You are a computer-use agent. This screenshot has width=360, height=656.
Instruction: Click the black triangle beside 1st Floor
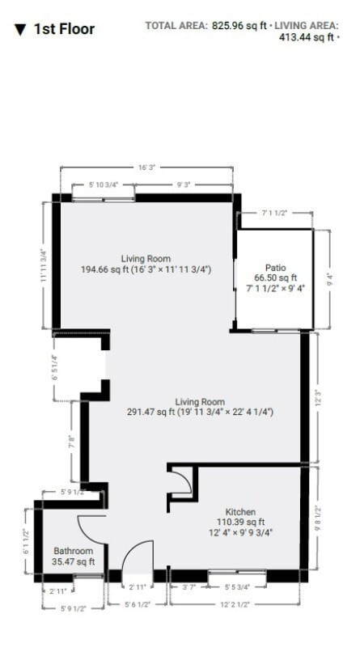[x=19, y=30]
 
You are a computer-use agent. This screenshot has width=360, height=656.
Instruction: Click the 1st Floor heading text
[x=64, y=29]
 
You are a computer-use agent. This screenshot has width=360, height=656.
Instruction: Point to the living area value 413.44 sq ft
[x=303, y=37]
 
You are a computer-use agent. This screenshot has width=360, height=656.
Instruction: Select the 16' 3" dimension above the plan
[x=146, y=167]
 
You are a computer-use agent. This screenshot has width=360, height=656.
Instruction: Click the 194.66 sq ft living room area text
[x=146, y=269]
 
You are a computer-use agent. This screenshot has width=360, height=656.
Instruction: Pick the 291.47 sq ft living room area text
[x=200, y=412]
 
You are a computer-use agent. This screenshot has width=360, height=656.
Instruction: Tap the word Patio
[x=274, y=267]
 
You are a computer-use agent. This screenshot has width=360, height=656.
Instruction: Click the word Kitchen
[x=240, y=512]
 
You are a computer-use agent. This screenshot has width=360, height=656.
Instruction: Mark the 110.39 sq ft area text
[x=240, y=523]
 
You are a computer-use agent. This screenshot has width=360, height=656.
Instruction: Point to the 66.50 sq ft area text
[x=274, y=277]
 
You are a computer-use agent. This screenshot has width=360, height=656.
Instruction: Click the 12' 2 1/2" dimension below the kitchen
[x=234, y=604]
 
